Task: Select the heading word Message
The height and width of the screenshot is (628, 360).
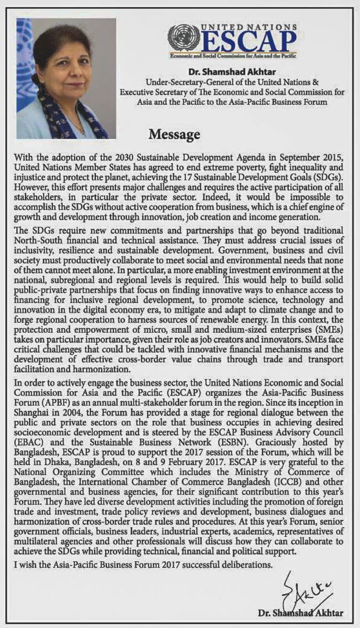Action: click(x=174, y=135)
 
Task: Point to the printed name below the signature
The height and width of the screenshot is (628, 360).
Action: click(x=300, y=613)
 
